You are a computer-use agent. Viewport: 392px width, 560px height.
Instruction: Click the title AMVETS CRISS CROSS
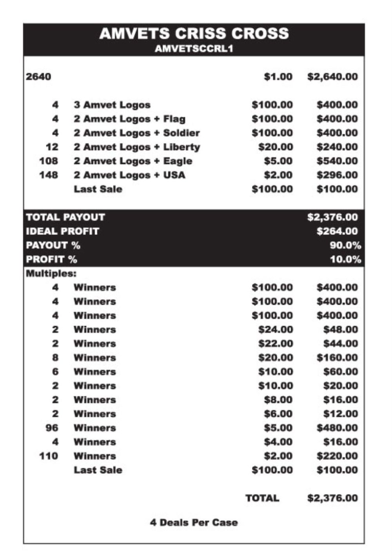point(194,33)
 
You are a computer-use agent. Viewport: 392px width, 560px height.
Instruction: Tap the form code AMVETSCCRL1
point(194,49)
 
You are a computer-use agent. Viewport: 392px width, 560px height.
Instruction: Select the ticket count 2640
point(38,77)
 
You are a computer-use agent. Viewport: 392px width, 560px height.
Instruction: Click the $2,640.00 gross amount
point(332,77)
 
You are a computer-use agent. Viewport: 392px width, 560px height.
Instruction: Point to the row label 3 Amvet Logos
point(112,105)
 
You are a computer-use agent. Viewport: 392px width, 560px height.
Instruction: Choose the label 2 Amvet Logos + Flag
point(129,119)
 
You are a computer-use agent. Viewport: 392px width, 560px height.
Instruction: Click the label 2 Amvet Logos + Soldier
point(136,133)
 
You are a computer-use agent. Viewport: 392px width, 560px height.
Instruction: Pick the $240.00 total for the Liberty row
point(337,147)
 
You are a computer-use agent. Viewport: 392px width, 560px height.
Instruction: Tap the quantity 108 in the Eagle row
point(49,161)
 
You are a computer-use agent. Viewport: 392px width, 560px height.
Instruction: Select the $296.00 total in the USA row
point(337,175)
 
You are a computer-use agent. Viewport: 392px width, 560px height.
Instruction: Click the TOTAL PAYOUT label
point(65,217)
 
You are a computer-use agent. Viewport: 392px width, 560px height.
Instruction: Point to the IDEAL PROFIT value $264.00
point(337,231)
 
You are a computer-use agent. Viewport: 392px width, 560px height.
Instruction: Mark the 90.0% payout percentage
point(345,245)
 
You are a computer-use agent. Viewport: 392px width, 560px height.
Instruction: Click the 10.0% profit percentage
point(345,260)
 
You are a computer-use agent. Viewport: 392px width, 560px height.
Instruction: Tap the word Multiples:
point(51,273)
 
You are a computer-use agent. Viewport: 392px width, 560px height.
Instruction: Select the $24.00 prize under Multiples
point(275,329)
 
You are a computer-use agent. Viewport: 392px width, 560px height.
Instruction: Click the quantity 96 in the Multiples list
point(52,428)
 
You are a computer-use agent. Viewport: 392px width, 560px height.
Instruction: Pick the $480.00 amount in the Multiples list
point(337,428)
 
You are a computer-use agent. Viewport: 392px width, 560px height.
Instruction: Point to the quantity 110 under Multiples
point(49,456)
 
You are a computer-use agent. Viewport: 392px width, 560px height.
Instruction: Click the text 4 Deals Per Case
point(194,523)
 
